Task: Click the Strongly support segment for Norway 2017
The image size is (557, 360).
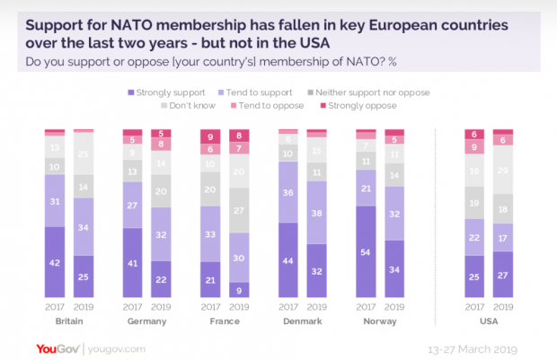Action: point(367,250)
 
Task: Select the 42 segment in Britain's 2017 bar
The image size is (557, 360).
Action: point(56,261)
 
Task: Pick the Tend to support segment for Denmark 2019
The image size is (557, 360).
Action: point(318,213)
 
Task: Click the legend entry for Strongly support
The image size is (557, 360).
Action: point(165,92)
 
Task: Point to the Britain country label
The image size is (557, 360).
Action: point(69,320)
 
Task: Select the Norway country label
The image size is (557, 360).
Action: point(381,320)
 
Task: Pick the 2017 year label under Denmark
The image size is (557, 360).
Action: point(289,306)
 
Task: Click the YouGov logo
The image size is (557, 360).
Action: point(59,347)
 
